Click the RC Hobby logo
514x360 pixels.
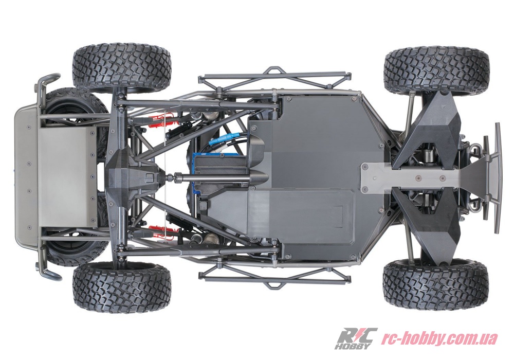tap(356, 338)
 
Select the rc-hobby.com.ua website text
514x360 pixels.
tap(439, 338)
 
